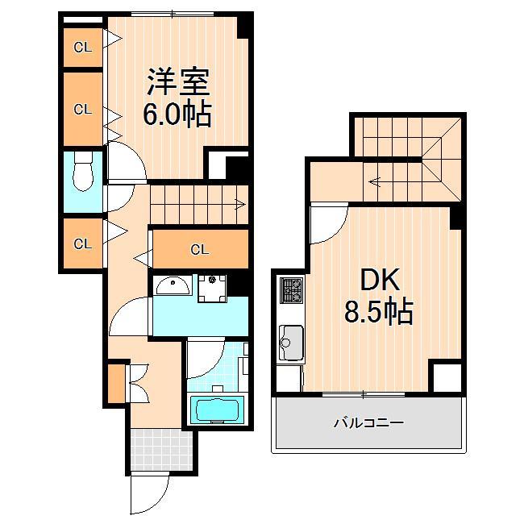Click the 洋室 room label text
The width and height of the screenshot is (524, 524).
177,81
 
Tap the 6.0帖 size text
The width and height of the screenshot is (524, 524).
177,114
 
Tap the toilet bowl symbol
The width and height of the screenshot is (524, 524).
82,176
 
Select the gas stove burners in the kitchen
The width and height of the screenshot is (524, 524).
290,289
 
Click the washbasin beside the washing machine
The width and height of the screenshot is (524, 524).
172,285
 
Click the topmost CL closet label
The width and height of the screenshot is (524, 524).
83,48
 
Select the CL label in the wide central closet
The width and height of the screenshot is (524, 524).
199,250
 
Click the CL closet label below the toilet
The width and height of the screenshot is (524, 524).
83,243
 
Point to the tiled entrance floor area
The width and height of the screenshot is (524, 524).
156,450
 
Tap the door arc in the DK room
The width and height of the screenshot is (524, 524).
326,222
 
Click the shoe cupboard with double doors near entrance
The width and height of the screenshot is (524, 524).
119,383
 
